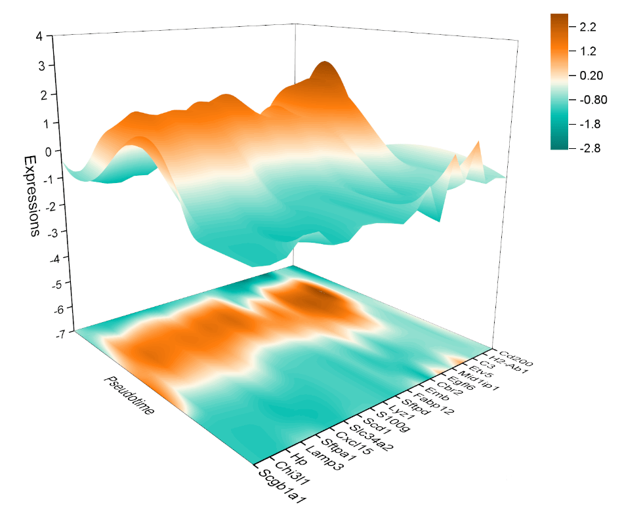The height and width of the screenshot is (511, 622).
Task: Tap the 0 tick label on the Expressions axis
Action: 47,151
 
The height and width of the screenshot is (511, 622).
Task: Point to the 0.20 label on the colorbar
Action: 589,75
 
